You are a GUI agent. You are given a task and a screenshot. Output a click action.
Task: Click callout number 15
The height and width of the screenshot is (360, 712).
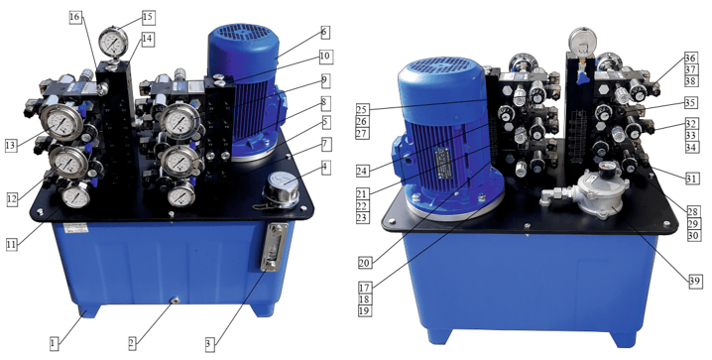pyautogui.click(x=148, y=18)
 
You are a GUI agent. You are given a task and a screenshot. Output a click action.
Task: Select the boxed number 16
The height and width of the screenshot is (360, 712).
pyautogui.click(x=75, y=17)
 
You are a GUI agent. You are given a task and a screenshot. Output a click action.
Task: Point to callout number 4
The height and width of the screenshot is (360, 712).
pyautogui.click(x=324, y=167)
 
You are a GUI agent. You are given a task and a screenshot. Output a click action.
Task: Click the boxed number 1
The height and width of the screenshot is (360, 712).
pyautogui.click(x=54, y=343)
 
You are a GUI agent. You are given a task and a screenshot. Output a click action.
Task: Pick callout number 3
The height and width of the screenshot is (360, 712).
pyautogui.click(x=209, y=344)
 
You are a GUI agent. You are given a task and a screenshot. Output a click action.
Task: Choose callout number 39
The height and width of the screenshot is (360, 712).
pyautogui.click(x=695, y=282)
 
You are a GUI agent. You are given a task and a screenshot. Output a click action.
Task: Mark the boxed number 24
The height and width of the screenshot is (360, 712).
pyautogui.click(x=363, y=171)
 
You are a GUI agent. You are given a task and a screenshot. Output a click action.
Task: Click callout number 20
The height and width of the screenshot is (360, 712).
pyautogui.click(x=364, y=263)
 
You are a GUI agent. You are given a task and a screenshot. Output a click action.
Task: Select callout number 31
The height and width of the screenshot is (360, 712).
pyautogui.click(x=691, y=179)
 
